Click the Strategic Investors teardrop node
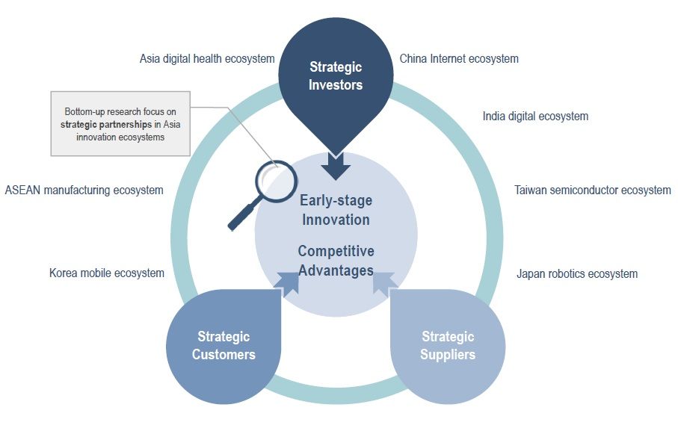click(x=336, y=82)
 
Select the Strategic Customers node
click(x=224, y=347)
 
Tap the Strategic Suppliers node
click(x=448, y=347)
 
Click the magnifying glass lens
click(x=276, y=182)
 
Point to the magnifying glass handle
click(x=244, y=214)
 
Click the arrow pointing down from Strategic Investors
click(x=336, y=166)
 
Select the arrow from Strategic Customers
click(x=289, y=284)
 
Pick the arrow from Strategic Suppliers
click(x=384, y=284)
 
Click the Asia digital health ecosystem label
click(x=207, y=59)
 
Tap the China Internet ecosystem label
click(x=459, y=59)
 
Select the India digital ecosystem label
click(x=535, y=117)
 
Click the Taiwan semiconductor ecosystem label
click(x=592, y=190)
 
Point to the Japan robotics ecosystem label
click(x=577, y=274)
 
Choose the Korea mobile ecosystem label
click(x=107, y=273)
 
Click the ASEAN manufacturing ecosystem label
click(x=84, y=190)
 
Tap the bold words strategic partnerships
click(x=106, y=125)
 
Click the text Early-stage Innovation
click(x=336, y=210)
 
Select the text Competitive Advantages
click(x=336, y=261)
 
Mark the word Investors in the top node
click(x=336, y=84)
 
